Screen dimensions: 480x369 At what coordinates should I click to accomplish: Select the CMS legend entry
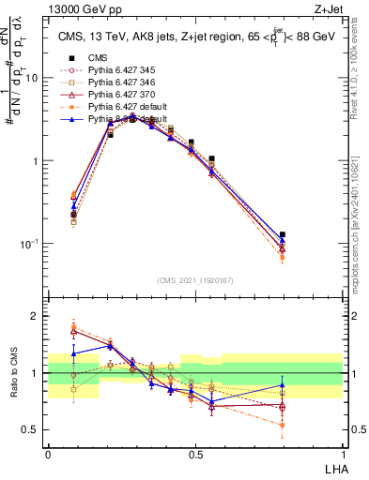click(97, 58)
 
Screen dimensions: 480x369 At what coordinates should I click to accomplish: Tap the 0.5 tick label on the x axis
click(194, 453)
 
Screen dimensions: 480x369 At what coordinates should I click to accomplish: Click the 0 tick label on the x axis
click(48, 453)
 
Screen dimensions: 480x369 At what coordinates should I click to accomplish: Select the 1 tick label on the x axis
click(342, 453)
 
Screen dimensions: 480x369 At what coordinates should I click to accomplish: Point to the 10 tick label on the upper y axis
click(33, 79)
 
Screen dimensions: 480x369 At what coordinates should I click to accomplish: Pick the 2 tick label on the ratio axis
click(38, 316)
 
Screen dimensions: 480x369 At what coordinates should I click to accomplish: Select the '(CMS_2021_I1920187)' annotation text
click(194, 280)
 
